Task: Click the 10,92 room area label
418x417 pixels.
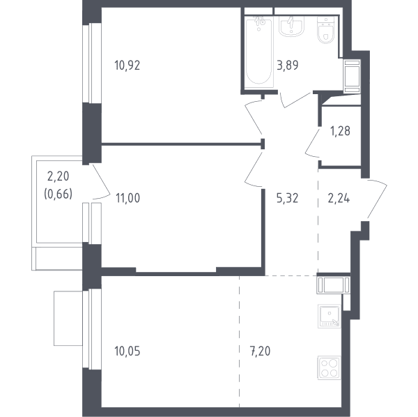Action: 127,66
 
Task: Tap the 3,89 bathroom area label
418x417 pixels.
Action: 288,66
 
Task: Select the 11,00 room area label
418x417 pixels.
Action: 127,198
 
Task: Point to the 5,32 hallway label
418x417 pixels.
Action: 287,199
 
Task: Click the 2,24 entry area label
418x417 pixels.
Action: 339,199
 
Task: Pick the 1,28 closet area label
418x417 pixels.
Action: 340,131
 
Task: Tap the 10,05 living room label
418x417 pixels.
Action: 127,351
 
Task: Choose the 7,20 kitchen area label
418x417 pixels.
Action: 260,351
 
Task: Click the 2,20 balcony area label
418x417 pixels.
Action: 58,176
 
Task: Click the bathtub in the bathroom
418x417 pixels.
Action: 259,52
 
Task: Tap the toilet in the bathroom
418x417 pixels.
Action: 326,30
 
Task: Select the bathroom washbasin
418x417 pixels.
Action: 291,26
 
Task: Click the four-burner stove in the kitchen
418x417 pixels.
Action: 329,368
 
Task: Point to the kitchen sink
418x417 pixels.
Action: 329,316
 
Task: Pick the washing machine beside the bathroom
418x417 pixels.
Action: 352,76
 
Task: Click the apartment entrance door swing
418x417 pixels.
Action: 377,199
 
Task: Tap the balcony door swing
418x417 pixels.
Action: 101,182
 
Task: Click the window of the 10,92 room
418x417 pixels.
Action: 92,63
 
